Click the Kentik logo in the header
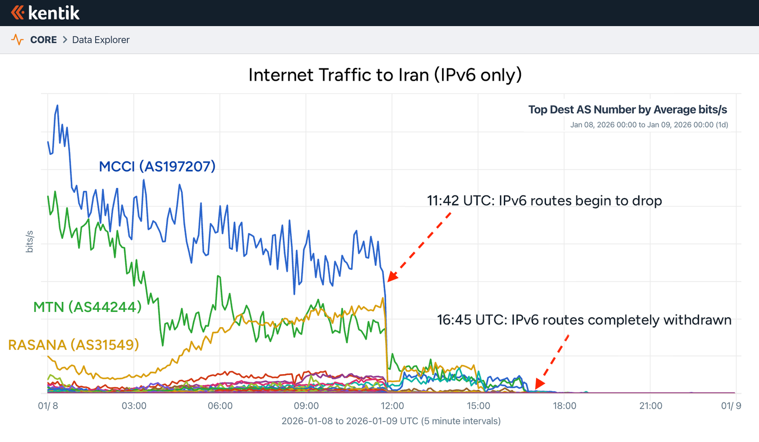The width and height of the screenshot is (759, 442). click(x=45, y=13)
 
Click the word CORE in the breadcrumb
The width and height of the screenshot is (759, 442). click(x=43, y=40)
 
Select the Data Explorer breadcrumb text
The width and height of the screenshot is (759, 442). click(x=101, y=40)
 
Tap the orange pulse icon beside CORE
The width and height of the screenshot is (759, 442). click(x=17, y=40)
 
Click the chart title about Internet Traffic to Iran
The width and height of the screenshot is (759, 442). click(x=385, y=75)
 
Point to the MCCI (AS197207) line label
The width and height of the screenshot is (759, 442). click(x=157, y=167)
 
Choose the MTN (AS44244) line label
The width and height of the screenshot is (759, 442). click(x=87, y=307)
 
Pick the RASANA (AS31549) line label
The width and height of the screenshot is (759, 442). click(x=74, y=345)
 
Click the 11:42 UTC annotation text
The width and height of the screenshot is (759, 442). click(x=544, y=201)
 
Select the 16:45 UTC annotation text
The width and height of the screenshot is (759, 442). click(x=584, y=320)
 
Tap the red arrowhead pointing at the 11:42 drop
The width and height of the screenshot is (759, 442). click(x=392, y=277)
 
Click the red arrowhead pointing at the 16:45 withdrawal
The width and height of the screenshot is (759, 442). click(x=540, y=383)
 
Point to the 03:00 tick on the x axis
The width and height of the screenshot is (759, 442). click(x=134, y=406)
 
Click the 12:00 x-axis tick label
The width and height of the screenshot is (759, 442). click(x=392, y=406)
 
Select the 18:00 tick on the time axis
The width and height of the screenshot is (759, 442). click(x=565, y=406)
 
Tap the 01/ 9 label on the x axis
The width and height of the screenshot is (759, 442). click(x=731, y=406)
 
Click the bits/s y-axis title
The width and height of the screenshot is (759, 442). click(x=29, y=242)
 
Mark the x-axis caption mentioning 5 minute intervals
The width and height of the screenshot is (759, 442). click(x=391, y=421)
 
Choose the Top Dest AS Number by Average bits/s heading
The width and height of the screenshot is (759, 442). click(x=628, y=110)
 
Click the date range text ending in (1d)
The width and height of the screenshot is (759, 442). click(x=649, y=125)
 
